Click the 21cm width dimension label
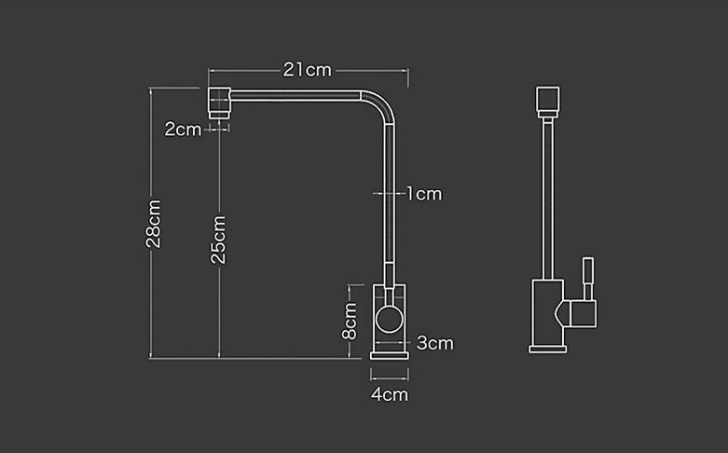(308, 70)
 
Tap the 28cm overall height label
(154, 224)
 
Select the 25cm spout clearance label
(218, 240)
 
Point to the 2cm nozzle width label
(183, 129)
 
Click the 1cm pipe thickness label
(424, 194)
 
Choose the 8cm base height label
(350, 322)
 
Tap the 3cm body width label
(435, 343)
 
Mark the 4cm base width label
(390, 394)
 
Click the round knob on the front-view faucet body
(390, 320)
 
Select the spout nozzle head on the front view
(219, 103)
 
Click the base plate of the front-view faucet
(390, 355)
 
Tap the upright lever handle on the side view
(588, 278)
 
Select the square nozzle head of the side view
(548, 102)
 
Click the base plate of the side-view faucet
(548, 349)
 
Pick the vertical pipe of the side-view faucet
(548, 199)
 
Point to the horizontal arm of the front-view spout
(295, 96)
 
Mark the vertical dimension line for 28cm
(150, 224)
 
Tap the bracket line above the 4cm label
(390, 377)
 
